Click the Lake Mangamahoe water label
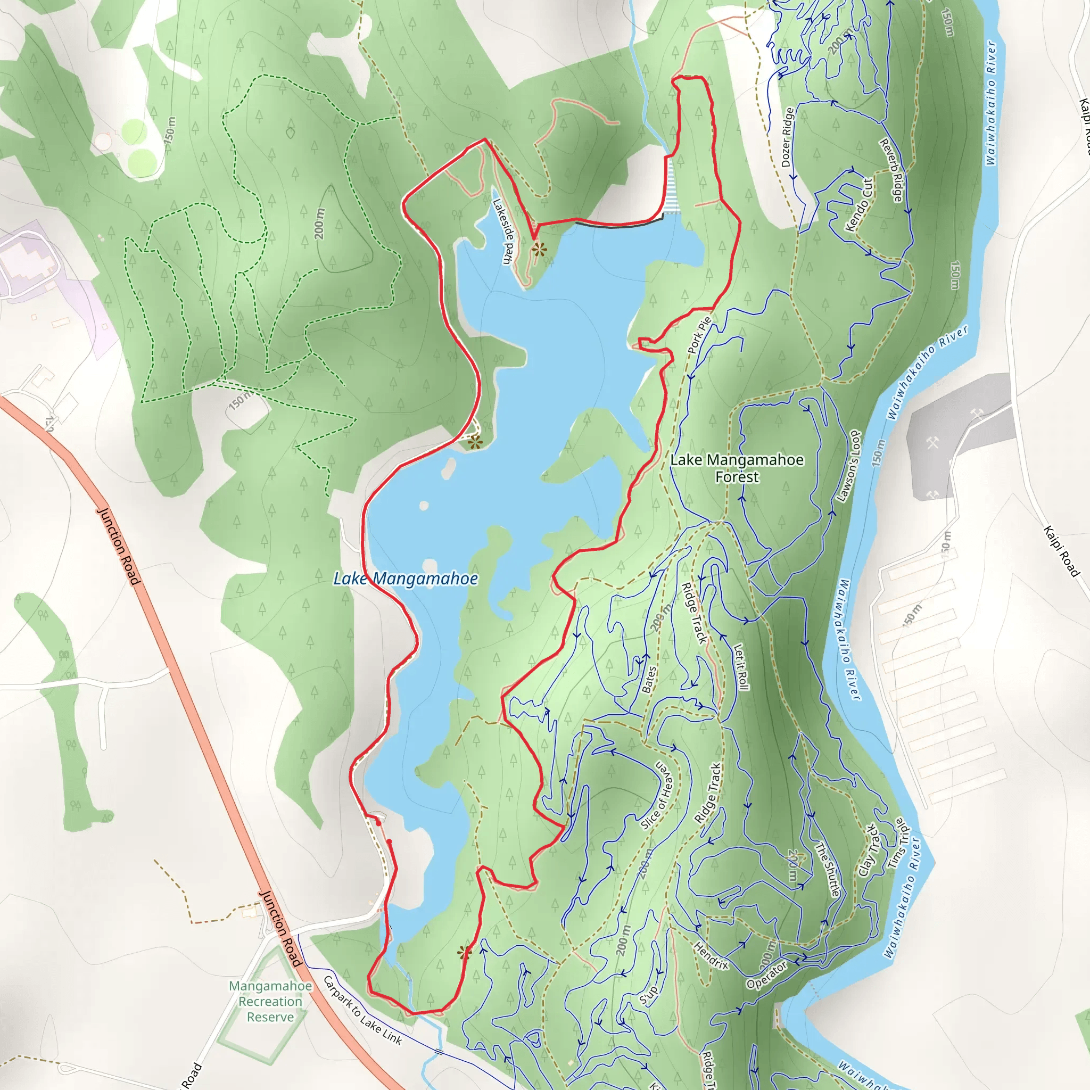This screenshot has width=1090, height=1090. (406, 579)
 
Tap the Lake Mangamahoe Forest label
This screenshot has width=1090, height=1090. (737, 468)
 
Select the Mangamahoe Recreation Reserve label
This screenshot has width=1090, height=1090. (270, 1002)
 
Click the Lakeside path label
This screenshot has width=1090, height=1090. (502, 232)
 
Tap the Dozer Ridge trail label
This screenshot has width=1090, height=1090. (788, 137)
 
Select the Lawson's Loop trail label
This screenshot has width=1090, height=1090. (848, 466)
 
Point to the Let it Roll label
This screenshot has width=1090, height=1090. (741, 667)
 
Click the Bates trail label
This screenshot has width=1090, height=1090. (649, 679)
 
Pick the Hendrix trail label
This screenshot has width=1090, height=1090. (711, 956)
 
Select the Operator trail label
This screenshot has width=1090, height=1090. (767, 976)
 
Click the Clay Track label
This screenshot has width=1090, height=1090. (869, 850)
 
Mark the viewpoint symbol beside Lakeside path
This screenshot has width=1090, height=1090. (539, 250)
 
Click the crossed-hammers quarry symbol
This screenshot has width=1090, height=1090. (932, 443)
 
